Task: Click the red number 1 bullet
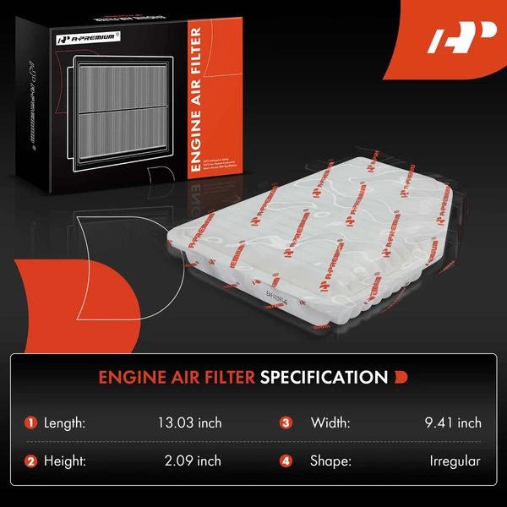31,422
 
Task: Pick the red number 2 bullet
31,461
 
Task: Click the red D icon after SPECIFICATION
401,377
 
